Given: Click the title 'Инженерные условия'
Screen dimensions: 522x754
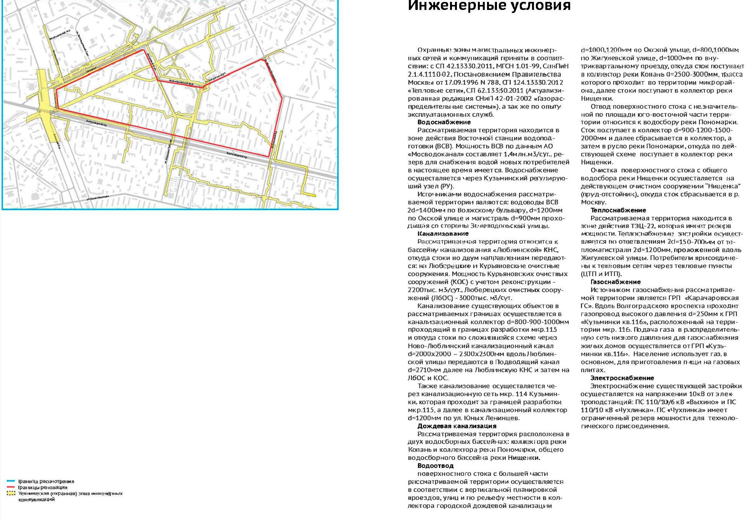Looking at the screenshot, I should point(489,6).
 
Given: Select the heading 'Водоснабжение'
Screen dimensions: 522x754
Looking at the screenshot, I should point(444,122).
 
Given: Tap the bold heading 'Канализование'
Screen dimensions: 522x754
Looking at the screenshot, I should point(443,234).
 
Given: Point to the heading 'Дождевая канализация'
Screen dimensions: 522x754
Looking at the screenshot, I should point(457,426).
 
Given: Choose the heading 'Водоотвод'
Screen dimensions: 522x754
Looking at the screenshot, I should point(435,466).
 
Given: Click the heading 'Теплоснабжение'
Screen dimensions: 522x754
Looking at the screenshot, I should point(618,210).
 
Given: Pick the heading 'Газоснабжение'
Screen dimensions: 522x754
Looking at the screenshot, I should point(615,282).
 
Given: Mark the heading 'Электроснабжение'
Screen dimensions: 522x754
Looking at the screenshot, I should point(622,378).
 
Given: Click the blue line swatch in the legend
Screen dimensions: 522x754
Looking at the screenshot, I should point(11,481).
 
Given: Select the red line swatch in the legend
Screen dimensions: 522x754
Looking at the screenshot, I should point(11,487).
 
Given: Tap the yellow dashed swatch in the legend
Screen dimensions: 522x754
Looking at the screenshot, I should point(11,493).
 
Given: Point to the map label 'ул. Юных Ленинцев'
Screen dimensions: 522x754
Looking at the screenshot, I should point(97,198).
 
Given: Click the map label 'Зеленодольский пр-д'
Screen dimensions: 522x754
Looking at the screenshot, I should point(181,82).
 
